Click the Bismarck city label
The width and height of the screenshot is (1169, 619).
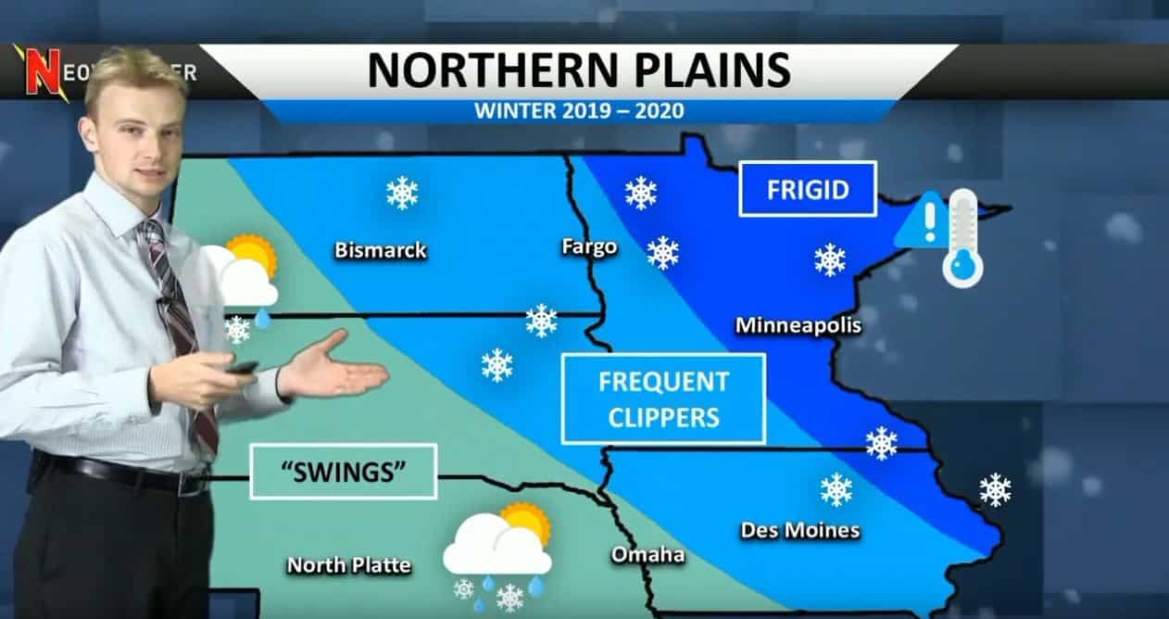click(381, 250)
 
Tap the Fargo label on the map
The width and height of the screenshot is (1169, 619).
click(589, 247)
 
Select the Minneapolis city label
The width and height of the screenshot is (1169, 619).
click(798, 326)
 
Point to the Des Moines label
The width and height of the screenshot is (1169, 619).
click(800, 531)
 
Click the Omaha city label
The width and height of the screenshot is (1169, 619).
click(647, 555)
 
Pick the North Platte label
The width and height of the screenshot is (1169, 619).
click(348, 564)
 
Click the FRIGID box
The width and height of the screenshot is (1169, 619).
click(808, 189)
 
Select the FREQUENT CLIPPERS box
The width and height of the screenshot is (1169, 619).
click(664, 398)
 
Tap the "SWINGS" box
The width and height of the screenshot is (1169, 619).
click(344, 472)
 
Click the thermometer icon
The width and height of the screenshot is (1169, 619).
click(962, 238)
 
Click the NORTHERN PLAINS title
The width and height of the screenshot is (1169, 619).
click(579, 71)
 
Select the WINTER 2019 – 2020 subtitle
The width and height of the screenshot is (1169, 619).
click(579, 112)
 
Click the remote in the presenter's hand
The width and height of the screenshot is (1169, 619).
click(242, 368)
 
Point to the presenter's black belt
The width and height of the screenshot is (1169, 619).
click(120, 474)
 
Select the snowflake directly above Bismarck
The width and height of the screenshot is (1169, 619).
click(402, 193)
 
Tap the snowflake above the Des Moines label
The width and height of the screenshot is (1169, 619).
click(836, 489)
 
